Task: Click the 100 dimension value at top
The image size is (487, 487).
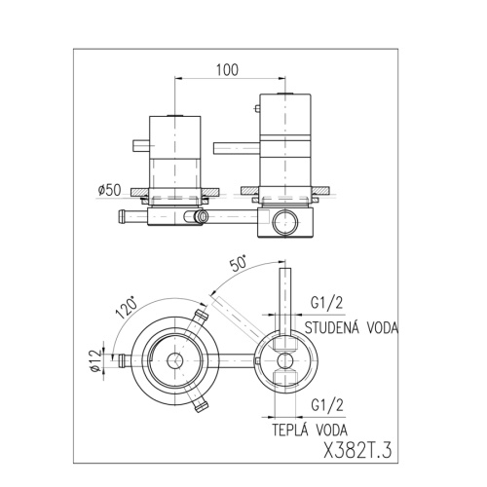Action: [227, 70]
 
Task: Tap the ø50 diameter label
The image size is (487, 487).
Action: [109, 190]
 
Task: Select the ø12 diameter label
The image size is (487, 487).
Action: [96, 360]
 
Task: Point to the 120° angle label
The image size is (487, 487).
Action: [127, 307]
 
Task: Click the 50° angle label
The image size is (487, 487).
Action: [239, 264]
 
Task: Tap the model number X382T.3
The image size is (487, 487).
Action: [357, 451]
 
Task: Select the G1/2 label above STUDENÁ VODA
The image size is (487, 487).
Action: [327, 303]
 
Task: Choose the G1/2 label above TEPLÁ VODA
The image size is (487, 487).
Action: [327, 405]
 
